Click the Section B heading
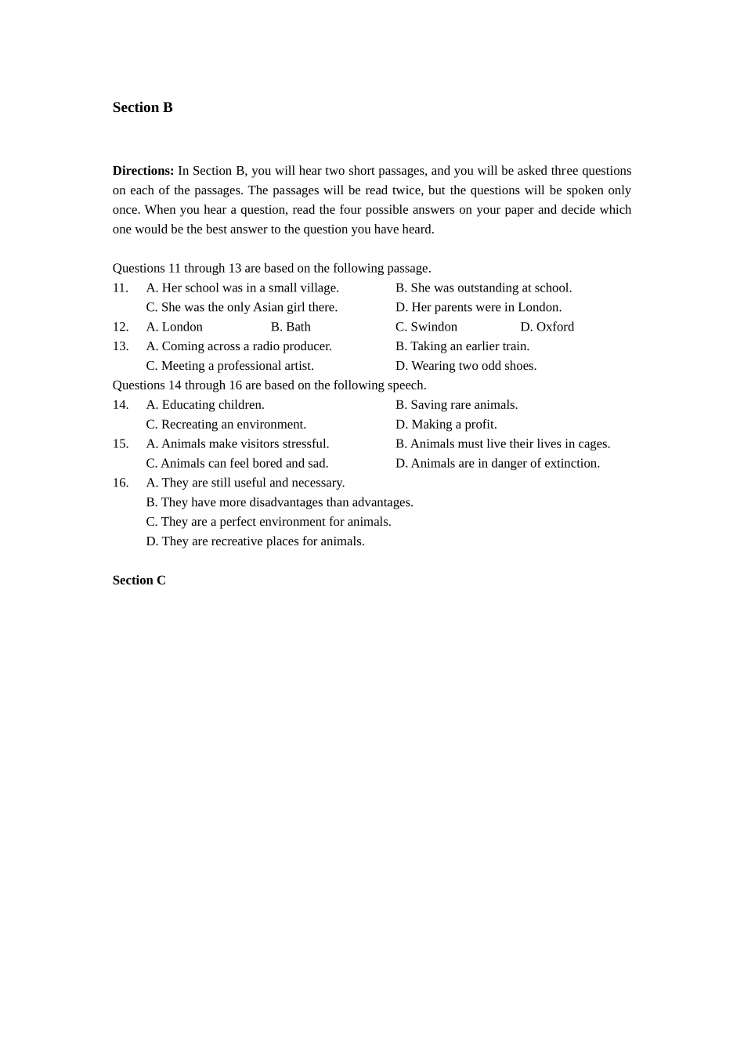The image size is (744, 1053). click(x=143, y=108)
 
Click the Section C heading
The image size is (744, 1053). click(x=139, y=581)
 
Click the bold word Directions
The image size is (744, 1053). click(x=143, y=171)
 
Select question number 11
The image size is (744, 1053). click(x=121, y=288)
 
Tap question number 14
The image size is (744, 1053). click(x=121, y=405)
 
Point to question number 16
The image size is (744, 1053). click(x=121, y=483)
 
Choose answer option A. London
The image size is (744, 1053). click(x=174, y=327)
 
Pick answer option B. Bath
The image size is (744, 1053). click(x=291, y=327)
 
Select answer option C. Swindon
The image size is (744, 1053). click(x=426, y=327)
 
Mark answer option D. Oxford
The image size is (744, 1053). click(x=547, y=327)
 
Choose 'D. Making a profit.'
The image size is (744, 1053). click(x=446, y=425)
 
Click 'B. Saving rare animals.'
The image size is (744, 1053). click(x=457, y=405)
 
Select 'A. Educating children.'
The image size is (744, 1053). click(x=205, y=405)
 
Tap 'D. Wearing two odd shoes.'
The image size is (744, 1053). click(x=466, y=366)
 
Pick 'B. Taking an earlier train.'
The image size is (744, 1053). click(x=462, y=346)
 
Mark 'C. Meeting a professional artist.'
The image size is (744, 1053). click(x=229, y=366)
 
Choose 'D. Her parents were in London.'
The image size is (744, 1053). click(x=479, y=307)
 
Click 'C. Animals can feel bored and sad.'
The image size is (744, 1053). click(x=237, y=463)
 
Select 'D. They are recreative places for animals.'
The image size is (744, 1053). click(x=255, y=541)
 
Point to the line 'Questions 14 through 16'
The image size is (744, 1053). click(x=269, y=385)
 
